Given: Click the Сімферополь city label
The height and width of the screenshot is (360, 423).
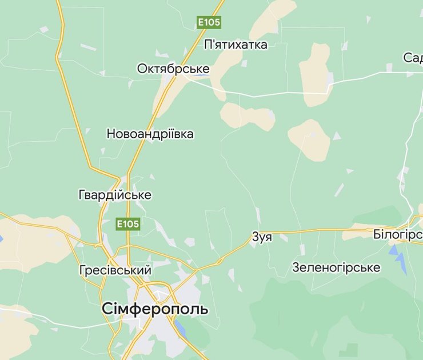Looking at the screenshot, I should pos(155,309).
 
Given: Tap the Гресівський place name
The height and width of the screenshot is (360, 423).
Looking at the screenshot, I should pos(115,270).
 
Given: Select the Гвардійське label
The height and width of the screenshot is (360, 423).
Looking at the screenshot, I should pos(115,195).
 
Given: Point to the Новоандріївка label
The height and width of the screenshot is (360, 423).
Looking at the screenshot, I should pos(150,134).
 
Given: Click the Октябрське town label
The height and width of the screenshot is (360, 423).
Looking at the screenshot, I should pos(173,69).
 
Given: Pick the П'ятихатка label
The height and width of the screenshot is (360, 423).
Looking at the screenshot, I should pos(236,45).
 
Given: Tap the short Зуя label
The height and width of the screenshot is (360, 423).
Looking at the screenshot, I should pos(262,237).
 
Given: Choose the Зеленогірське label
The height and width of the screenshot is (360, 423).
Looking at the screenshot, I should pos(336,267).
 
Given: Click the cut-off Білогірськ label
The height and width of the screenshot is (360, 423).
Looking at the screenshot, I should pos(397,234).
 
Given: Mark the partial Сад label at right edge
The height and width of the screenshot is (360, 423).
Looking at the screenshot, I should pos(413,58).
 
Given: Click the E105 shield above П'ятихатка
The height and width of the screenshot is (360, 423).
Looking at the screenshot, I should pos(209,22).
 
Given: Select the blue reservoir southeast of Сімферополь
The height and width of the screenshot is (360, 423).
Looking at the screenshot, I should pos(179,327).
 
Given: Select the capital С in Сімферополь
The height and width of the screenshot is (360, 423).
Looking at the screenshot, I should pos(107,309).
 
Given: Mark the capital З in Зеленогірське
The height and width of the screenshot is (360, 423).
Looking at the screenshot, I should pos(296,267).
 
